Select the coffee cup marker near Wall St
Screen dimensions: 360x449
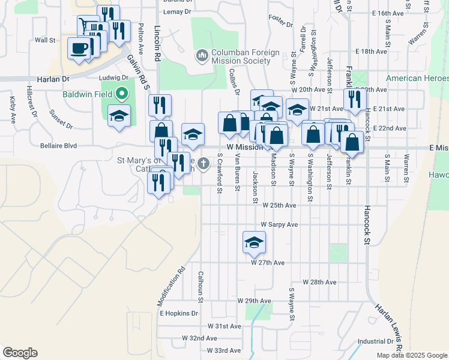click(79, 48)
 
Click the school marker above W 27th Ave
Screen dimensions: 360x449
click(254, 242)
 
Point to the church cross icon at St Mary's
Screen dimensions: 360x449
click(204, 163)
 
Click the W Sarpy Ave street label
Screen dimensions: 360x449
click(280, 224)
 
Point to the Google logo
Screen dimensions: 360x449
click(20, 353)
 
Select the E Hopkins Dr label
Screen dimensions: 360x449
click(178, 313)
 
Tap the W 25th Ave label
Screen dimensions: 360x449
click(280, 205)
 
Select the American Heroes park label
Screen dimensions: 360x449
click(417, 79)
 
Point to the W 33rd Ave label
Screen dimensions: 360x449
click(223, 350)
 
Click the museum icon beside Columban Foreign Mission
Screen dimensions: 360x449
click(202, 56)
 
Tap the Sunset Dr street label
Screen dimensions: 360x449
click(61, 119)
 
